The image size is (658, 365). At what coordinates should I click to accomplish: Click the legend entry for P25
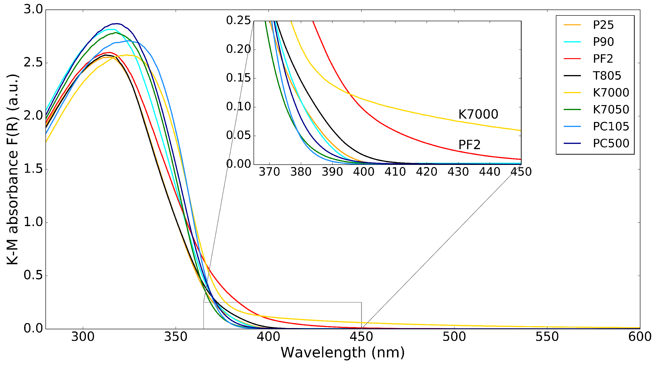pyautogui.click(x=603, y=25)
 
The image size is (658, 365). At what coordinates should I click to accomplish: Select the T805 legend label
pyautogui.click(x=607, y=76)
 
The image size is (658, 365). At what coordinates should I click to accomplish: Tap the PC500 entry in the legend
pyautogui.click(x=611, y=143)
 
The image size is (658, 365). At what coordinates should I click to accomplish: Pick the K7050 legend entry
pyautogui.click(x=611, y=109)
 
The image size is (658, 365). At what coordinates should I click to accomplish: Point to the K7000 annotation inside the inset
pyautogui.click(x=478, y=114)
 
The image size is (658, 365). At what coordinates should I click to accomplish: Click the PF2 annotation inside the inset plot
pyautogui.click(x=469, y=145)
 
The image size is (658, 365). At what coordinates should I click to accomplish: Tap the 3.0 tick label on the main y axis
pyautogui.click(x=33, y=10)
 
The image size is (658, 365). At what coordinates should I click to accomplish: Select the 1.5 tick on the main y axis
pyautogui.click(x=33, y=169)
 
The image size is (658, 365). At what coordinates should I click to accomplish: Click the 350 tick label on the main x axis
pyautogui.click(x=175, y=337)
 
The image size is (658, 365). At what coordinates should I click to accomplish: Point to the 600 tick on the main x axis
pyautogui.click(x=639, y=337)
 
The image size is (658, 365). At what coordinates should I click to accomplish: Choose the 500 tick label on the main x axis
pyautogui.click(x=454, y=337)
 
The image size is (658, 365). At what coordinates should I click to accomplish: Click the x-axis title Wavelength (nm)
pyautogui.click(x=343, y=353)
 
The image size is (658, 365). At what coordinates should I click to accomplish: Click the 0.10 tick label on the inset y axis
pyautogui.click(x=238, y=106)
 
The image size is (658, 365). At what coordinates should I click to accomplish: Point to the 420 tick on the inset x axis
pyautogui.click(x=427, y=172)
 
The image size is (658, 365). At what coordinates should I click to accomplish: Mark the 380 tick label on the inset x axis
pyautogui.click(x=301, y=172)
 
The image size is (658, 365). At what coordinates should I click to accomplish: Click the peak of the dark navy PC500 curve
pyautogui.click(x=117, y=24)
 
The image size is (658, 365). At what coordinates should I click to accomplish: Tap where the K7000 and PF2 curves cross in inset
pyautogui.click(x=350, y=94)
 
